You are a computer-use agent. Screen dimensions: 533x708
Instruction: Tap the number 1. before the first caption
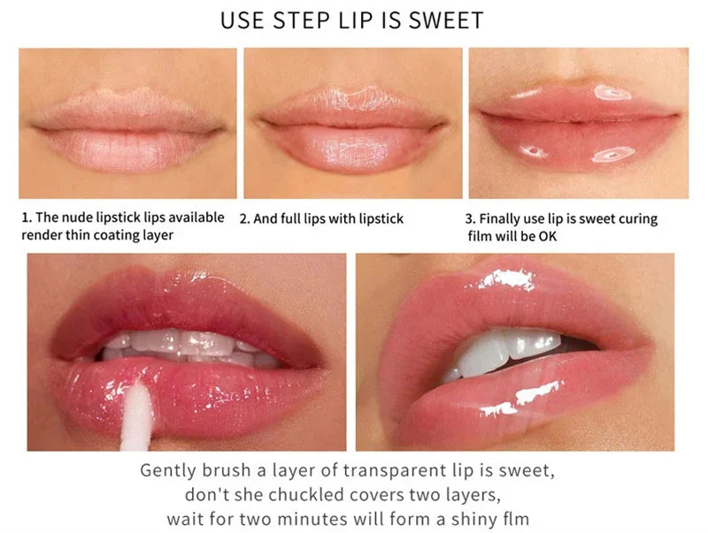(26, 217)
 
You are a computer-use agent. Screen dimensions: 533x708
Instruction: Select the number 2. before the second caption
(245, 218)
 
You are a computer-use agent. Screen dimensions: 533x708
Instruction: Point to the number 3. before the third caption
(471, 218)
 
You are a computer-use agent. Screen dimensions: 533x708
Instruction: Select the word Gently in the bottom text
(167, 470)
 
